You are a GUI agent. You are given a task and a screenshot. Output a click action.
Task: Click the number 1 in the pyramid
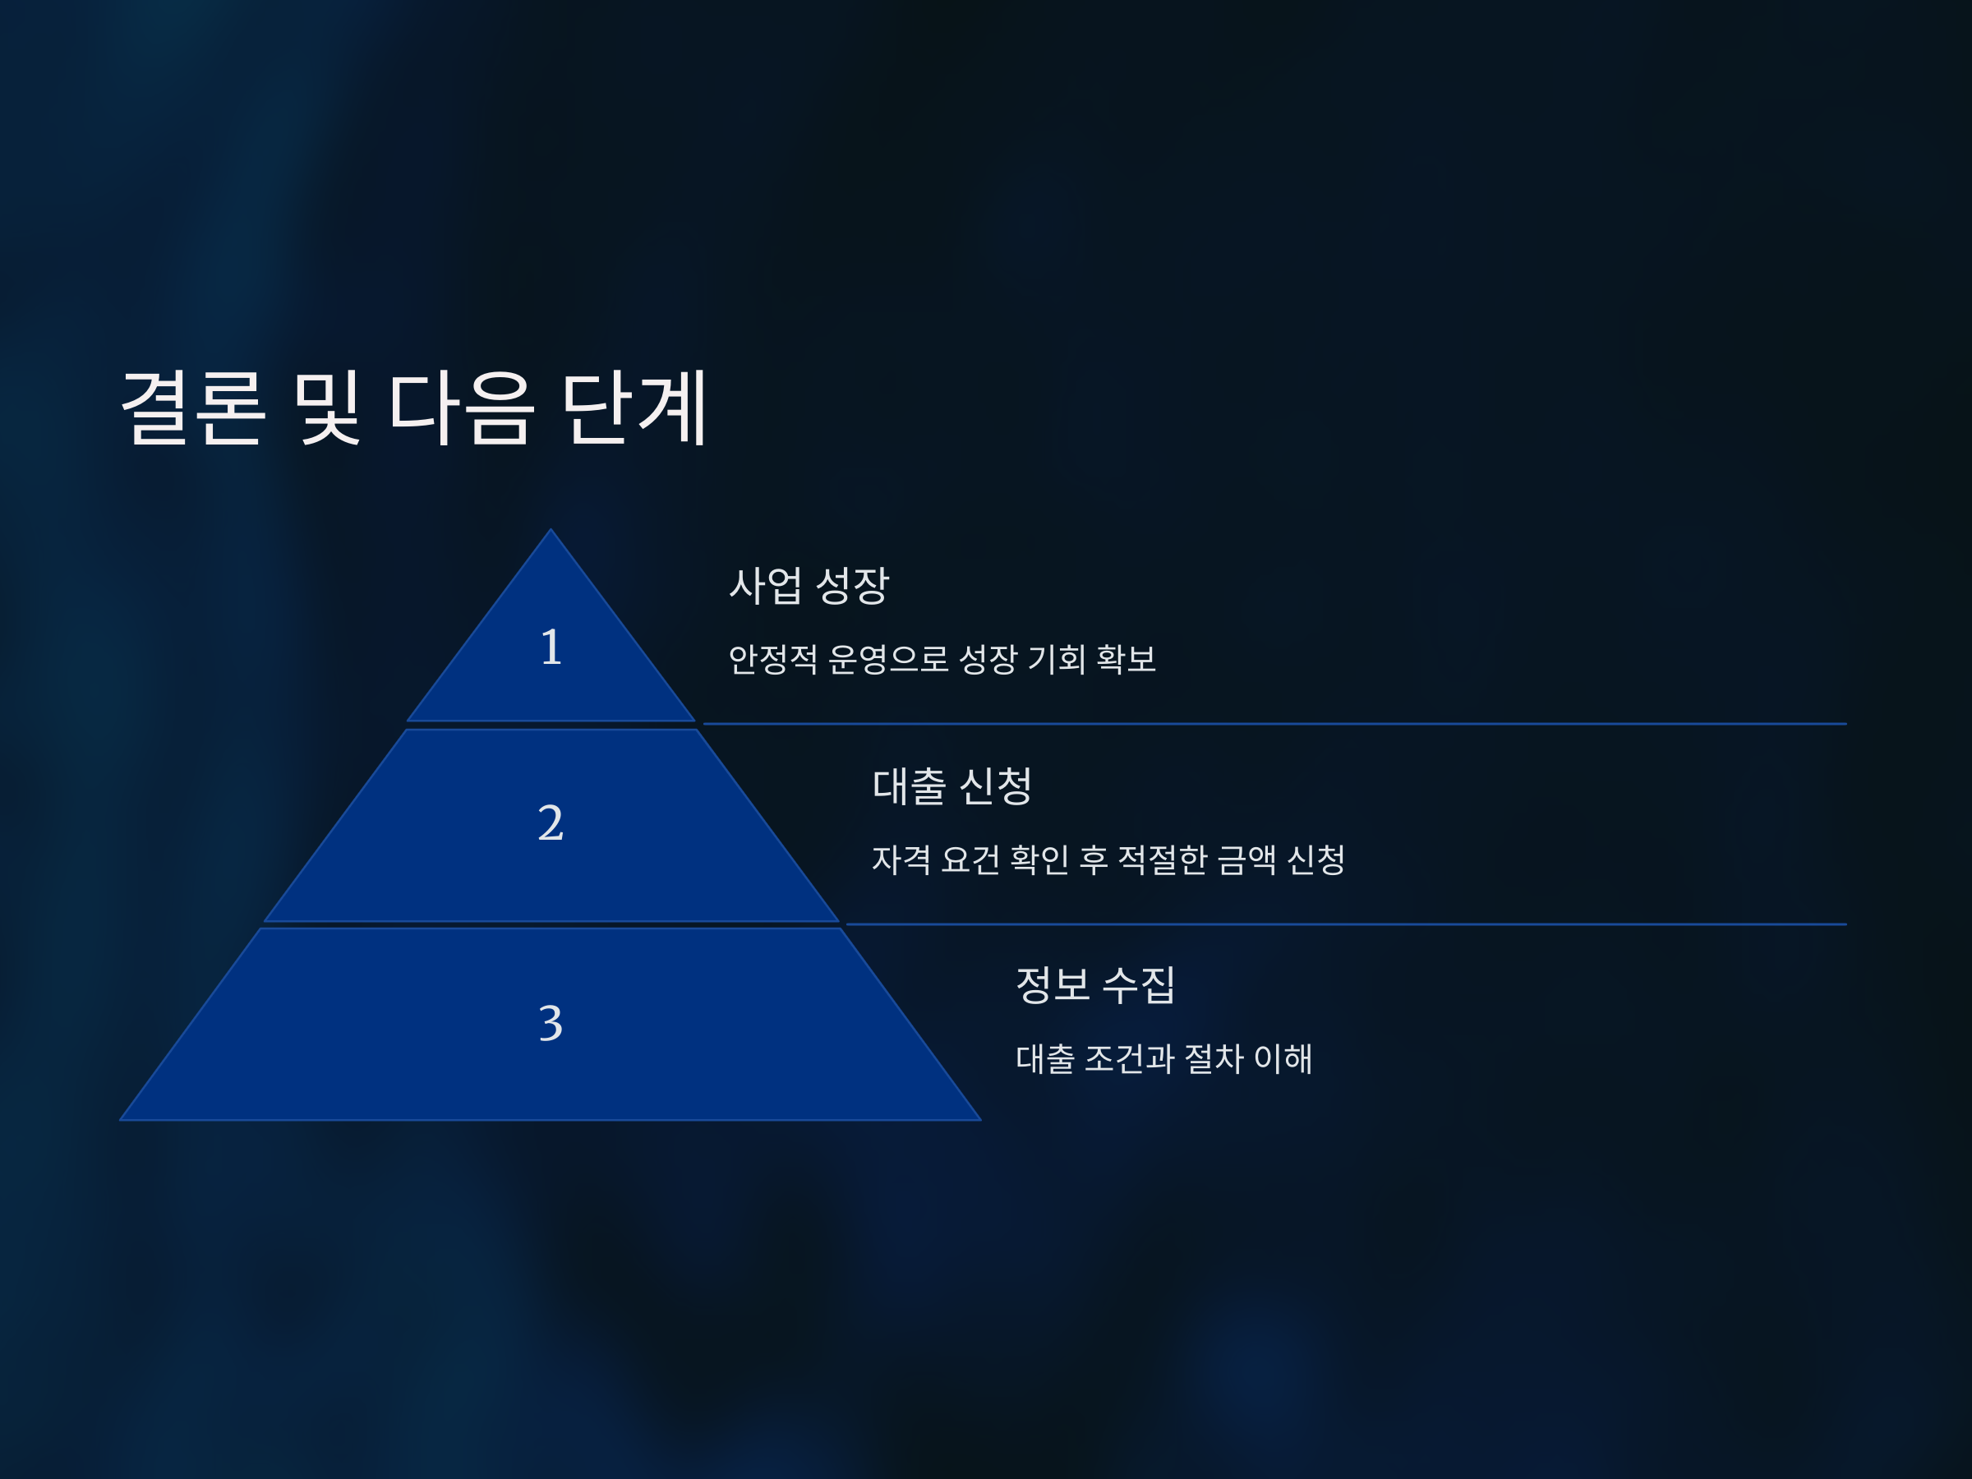[x=551, y=647]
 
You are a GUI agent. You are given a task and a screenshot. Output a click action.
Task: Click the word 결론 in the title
[x=192, y=408]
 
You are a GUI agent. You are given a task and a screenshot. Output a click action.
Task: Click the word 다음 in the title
[x=461, y=408]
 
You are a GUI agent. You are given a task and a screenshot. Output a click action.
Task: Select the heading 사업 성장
[x=809, y=586]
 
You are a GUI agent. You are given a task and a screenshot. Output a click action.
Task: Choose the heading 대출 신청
[x=952, y=786]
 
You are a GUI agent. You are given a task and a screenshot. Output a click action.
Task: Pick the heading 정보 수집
[x=1095, y=985]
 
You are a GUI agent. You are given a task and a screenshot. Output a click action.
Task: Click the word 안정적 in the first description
[x=773, y=660]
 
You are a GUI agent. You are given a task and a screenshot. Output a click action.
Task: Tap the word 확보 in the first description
[x=1126, y=660]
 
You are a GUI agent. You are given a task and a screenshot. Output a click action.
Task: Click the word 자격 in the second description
[x=901, y=860]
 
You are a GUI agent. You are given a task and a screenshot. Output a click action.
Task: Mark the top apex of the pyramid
[x=551, y=532]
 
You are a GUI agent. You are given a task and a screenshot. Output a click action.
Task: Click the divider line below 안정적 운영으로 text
[x=1275, y=724]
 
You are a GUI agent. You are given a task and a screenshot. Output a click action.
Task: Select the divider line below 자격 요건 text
[x=1346, y=924]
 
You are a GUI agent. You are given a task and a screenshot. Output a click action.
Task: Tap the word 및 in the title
[x=327, y=408]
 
